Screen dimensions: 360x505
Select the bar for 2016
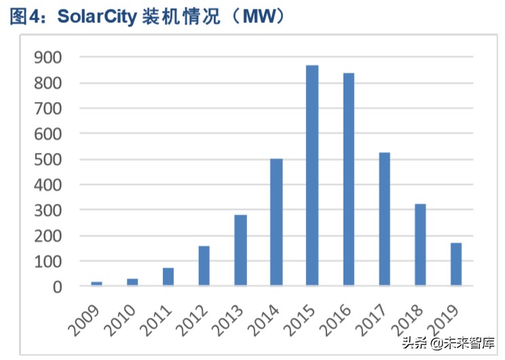click(x=348, y=179)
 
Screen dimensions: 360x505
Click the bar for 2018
click(x=420, y=245)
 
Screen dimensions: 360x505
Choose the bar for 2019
click(x=455, y=264)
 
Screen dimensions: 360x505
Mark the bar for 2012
click(x=204, y=266)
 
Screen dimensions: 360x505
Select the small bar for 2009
click(x=96, y=283)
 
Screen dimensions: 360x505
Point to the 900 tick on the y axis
click(x=48, y=58)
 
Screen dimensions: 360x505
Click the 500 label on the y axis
click(x=48, y=160)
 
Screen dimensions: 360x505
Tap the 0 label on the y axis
click(x=57, y=287)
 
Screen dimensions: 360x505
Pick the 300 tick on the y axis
click(x=48, y=211)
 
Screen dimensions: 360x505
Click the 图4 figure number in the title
click(x=24, y=17)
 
